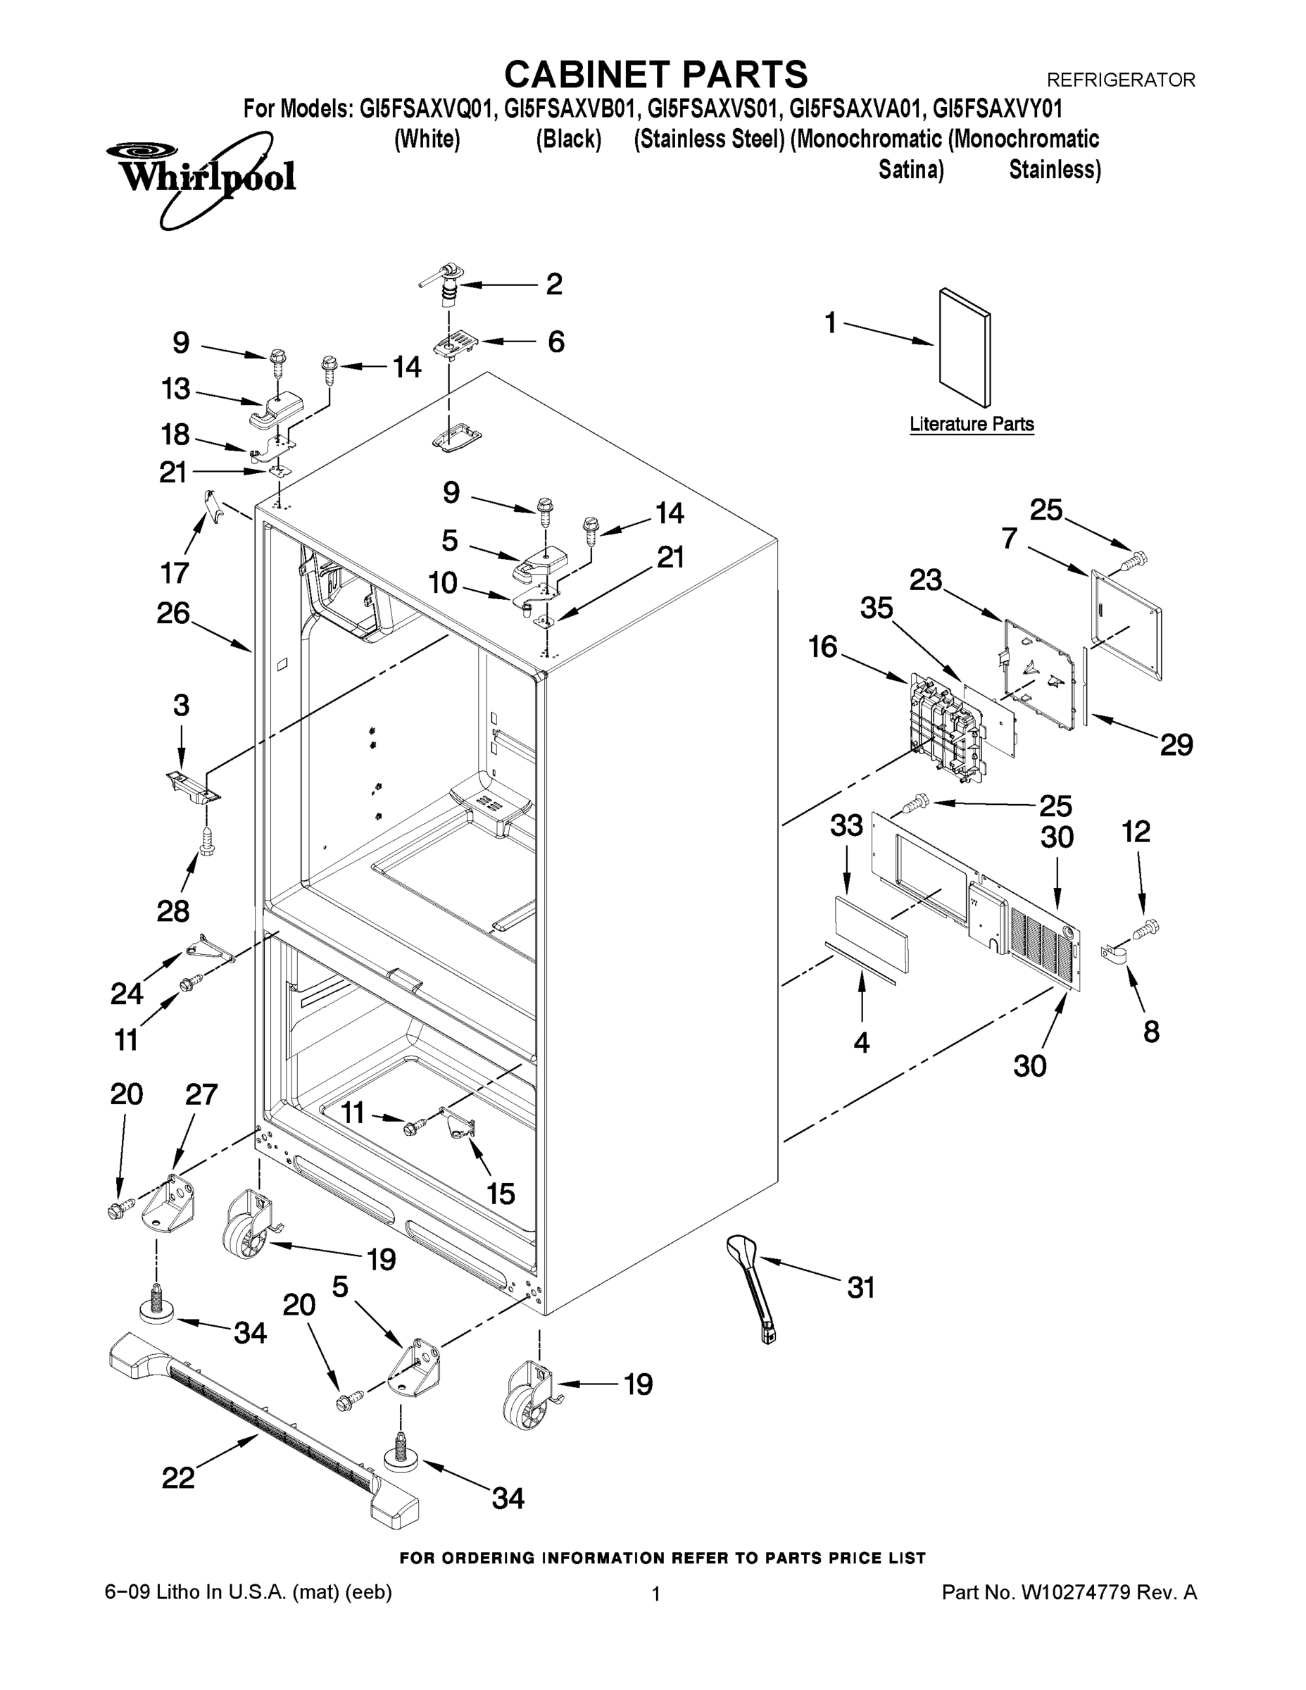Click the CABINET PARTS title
pos(655,75)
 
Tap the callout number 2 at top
pos(553,284)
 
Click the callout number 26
pos(173,613)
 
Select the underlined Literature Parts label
pos(971,424)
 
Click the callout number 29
pos(1176,744)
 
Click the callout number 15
pos(501,1194)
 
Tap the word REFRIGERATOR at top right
pos(1120,80)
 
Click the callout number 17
pos(175,572)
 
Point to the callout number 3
pos(181,705)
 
